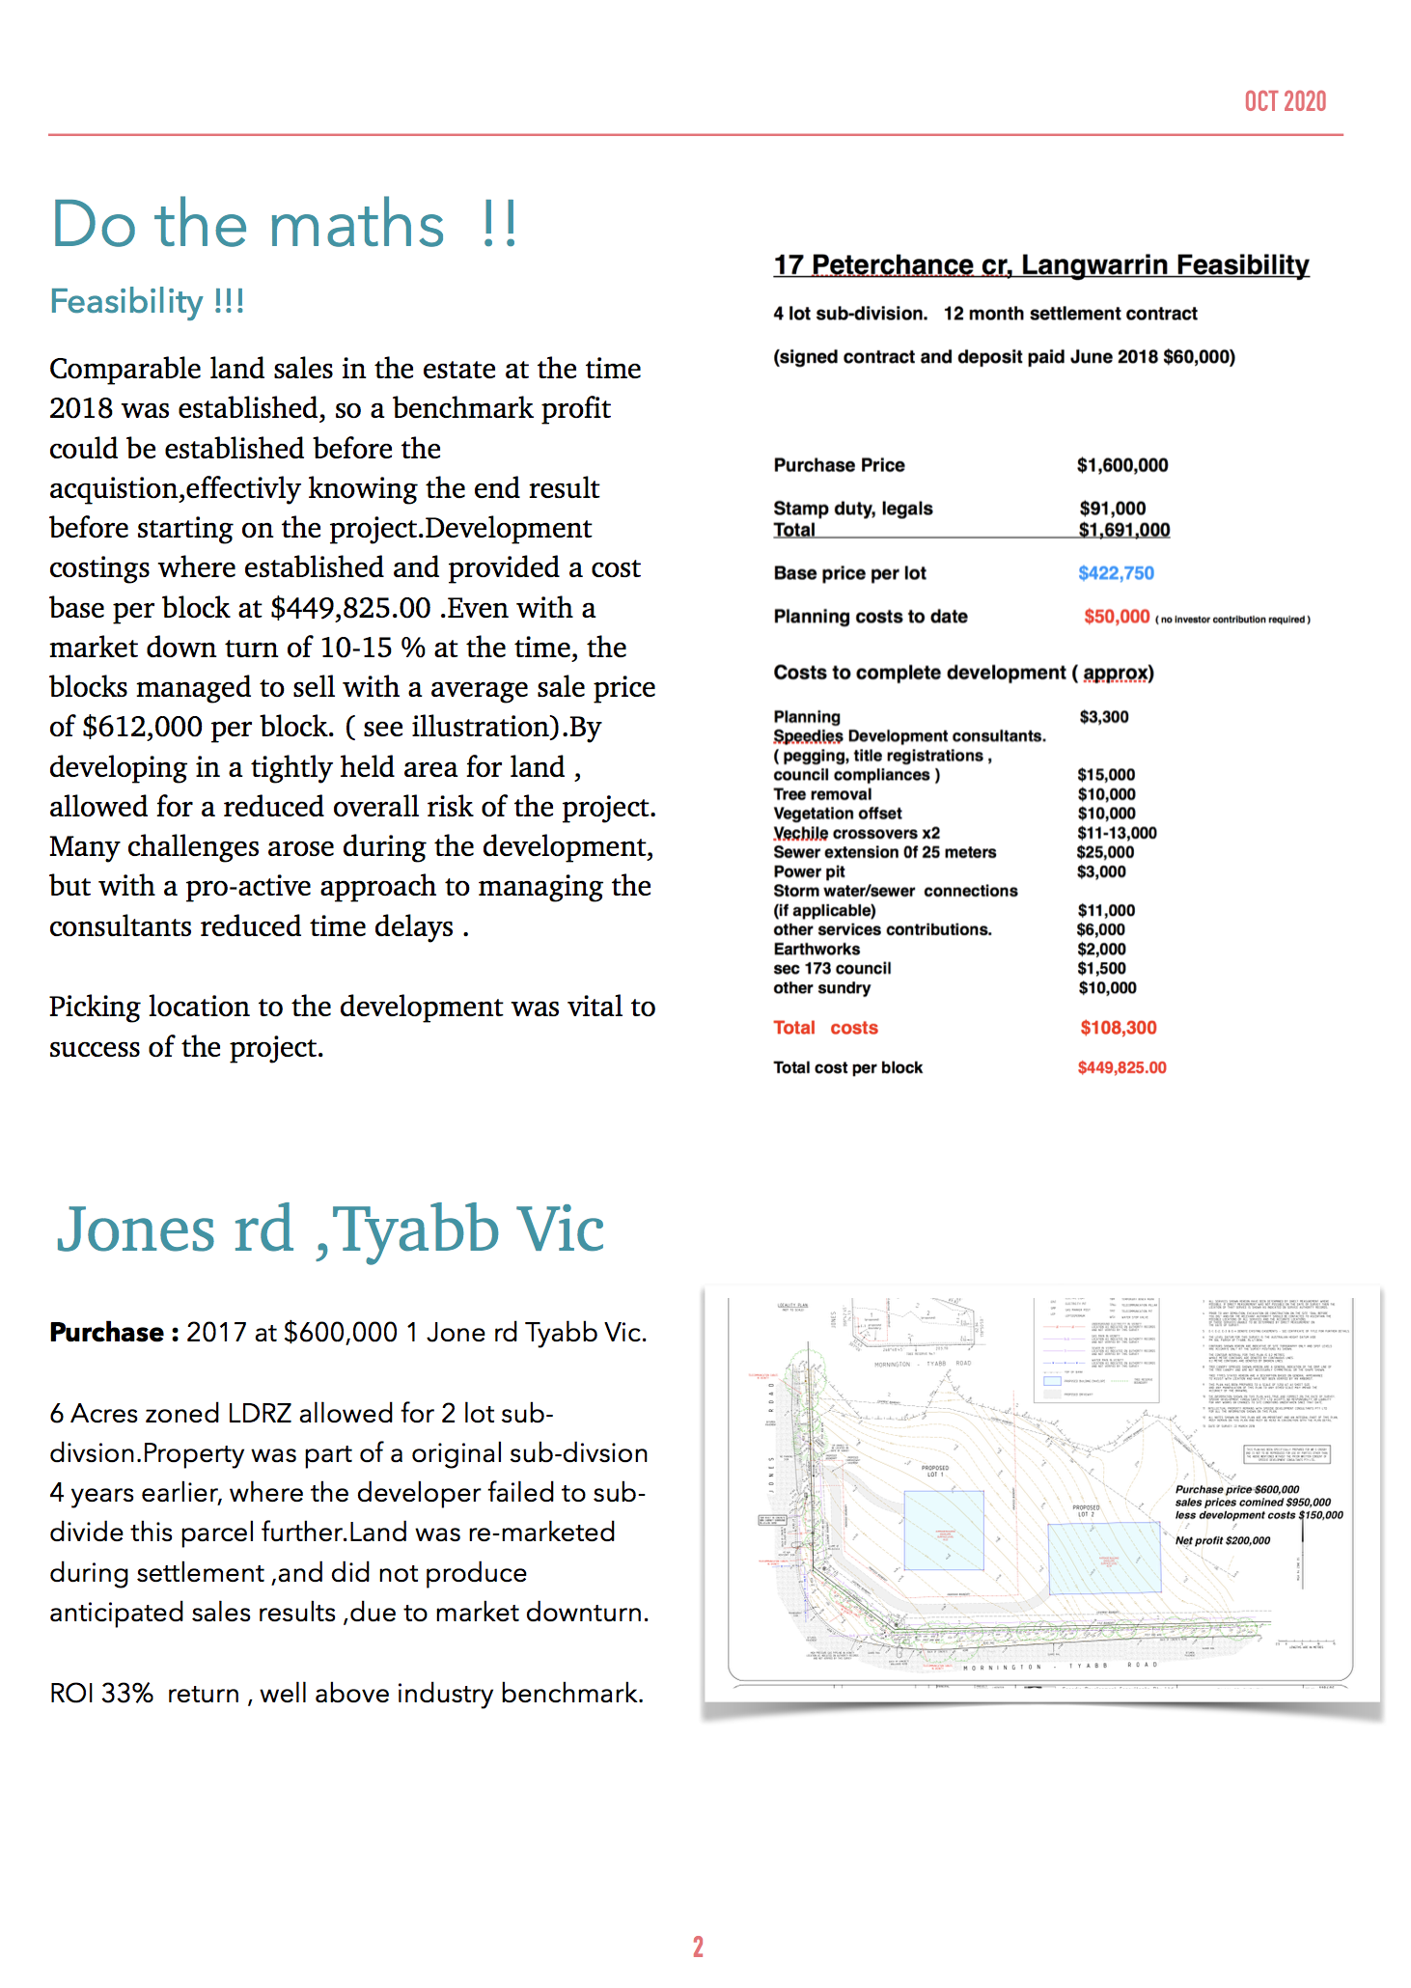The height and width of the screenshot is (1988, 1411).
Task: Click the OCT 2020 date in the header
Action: [x=1285, y=101]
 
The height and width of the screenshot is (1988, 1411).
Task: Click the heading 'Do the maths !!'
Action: [x=285, y=224]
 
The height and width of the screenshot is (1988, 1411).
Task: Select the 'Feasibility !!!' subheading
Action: [x=147, y=301]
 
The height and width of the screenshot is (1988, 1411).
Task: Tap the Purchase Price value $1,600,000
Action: [x=1121, y=465]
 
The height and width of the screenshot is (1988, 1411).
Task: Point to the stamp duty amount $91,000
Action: [x=1112, y=509]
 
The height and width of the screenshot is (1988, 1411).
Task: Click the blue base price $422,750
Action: [x=1115, y=573]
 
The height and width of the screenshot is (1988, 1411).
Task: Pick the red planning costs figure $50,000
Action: [x=1116, y=617]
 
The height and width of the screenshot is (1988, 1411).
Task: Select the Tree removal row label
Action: [x=822, y=794]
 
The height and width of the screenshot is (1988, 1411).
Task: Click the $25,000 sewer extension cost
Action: [x=1105, y=852]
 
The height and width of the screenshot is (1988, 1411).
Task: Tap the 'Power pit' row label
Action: [x=809, y=871]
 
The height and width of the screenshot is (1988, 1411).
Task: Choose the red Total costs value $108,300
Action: [x=1118, y=1028]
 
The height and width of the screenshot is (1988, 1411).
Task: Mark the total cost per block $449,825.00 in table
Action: [x=1121, y=1067]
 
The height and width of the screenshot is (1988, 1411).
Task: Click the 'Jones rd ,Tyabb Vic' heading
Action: [x=330, y=1229]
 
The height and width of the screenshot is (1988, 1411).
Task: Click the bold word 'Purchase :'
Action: [x=114, y=1333]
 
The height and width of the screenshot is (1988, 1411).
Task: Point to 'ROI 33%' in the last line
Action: [x=101, y=1694]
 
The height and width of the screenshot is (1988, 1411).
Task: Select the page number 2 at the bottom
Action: [x=698, y=1947]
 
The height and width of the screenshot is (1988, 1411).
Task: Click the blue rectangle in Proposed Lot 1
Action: [x=943, y=1530]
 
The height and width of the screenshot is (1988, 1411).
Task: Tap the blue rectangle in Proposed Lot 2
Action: [x=1103, y=1558]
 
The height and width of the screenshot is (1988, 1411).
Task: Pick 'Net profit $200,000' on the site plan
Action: [x=1222, y=1540]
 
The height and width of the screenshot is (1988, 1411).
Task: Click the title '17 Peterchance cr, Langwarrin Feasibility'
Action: [x=1040, y=265]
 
